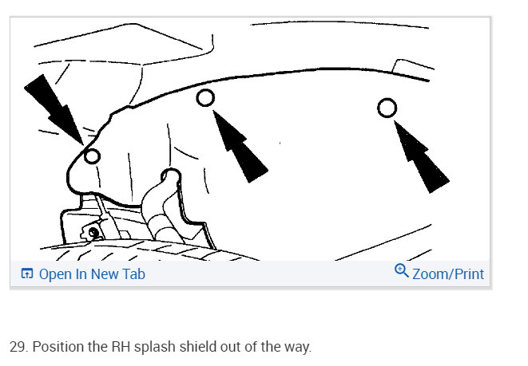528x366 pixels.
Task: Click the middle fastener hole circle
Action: [x=197, y=98]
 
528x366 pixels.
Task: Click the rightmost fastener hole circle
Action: [x=378, y=108]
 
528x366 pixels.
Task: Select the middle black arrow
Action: [x=240, y=146]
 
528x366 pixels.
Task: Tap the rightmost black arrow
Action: [x=421, y=156]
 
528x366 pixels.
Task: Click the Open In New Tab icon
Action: [x=27, y=274]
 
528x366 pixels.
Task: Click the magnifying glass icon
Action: [x=401, y=270]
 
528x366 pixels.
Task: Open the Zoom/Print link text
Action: [x=448, y=274]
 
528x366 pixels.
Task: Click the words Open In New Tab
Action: [x=92, y=274]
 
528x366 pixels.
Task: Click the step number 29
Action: [x=18, y=347]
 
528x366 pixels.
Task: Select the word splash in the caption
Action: [x=154, y=348]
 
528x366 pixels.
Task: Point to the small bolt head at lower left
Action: [x=93, y=233]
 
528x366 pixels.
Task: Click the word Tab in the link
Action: [x=134, y=274]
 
